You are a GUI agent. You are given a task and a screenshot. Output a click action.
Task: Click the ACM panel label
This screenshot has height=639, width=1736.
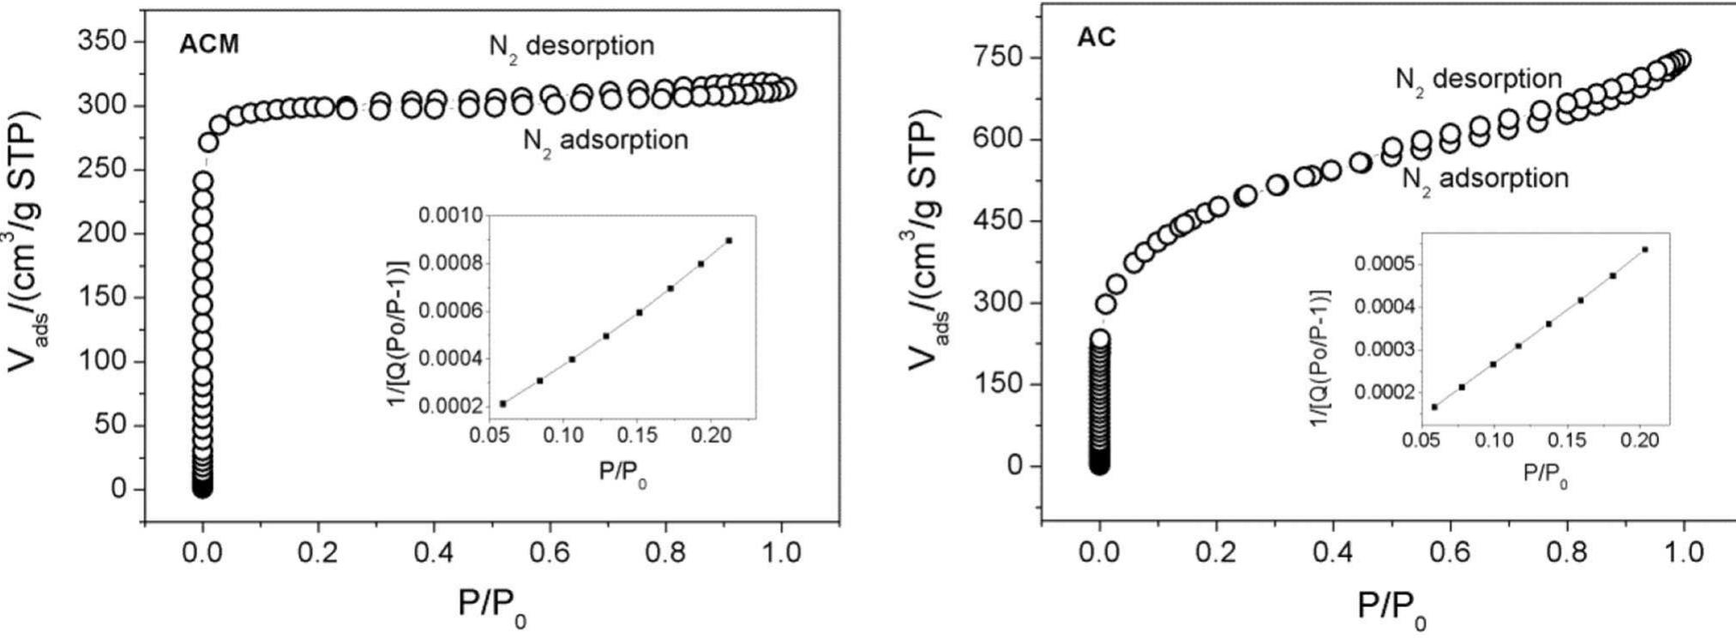208,45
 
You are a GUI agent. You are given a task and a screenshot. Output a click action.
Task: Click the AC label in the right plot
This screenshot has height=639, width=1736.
1096,38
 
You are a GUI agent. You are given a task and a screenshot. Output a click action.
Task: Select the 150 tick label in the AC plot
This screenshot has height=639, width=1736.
999,383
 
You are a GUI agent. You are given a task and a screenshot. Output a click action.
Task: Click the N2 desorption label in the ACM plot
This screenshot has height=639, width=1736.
571,46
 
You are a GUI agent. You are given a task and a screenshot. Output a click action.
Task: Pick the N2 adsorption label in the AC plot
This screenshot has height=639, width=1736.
1485,179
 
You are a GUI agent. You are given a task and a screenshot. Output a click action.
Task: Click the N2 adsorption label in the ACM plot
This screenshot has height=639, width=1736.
605,141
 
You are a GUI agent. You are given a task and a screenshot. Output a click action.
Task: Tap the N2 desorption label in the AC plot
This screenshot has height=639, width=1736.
1478,80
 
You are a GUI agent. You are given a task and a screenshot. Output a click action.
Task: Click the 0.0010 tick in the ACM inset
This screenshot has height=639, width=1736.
451,214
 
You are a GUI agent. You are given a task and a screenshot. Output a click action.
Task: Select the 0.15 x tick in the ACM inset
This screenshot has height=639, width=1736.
638,436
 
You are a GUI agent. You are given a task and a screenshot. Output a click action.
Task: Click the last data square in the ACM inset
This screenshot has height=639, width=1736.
729,240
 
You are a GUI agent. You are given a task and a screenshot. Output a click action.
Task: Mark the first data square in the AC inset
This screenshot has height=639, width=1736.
1435,407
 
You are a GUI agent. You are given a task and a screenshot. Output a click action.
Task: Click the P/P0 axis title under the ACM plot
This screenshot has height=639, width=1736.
492,606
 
